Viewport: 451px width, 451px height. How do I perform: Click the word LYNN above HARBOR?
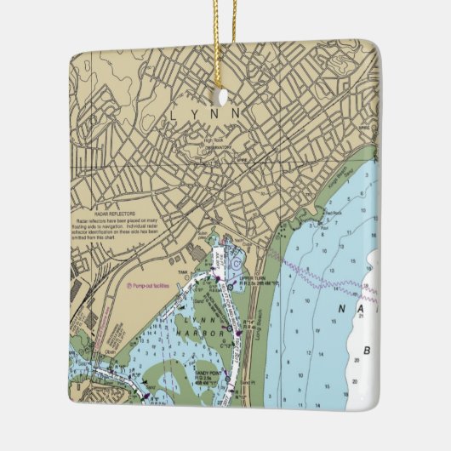[x=204, y=317]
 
